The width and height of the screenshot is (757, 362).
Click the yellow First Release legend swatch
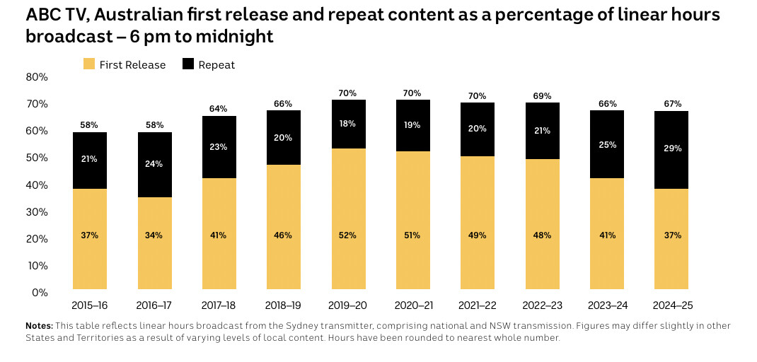(x=89, y=64)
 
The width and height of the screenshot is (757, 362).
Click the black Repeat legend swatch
(x=188, y=64)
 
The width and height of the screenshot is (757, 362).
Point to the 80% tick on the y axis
(x=37, y=76)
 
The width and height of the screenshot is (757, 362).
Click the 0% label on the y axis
(x=40, y=293)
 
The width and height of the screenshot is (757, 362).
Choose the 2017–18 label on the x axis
(x=219, y=305)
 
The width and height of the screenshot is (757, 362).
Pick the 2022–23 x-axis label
(x=542, y=305)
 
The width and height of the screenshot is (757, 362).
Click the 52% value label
(x=349, y=235)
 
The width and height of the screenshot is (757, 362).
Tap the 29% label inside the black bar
(x=672, y=148)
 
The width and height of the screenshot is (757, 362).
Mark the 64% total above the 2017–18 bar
(x=219, y=108)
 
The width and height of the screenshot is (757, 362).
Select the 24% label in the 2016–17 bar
(x=154, y=164)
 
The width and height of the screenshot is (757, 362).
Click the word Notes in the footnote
(x=38, y=326)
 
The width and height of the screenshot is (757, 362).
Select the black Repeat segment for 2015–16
(x=90, y=160)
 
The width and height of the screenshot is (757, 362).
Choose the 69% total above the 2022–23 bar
(x=542, y=95)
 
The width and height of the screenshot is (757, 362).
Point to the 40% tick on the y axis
(x=37, y=185)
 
